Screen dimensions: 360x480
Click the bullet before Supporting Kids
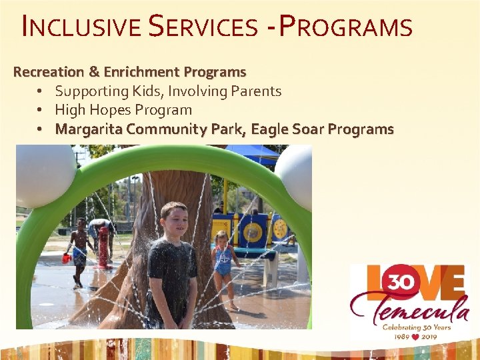pyautogui.click(x=41, y=91)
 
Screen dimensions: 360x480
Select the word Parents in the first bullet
pyautogui.click(x=257, y=91)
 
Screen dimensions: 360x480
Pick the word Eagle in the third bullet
pyautogui.click(x=270, y=129)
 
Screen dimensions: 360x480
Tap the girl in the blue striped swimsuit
pyautogui.click(x=223, y=261)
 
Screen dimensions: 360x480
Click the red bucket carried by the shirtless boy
pyautogui.click(x=67, y=258)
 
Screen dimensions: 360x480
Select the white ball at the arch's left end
pyautogui.click(x=45, y=175)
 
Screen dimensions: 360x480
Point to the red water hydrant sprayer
pyautogui.click(x=103, y=243)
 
